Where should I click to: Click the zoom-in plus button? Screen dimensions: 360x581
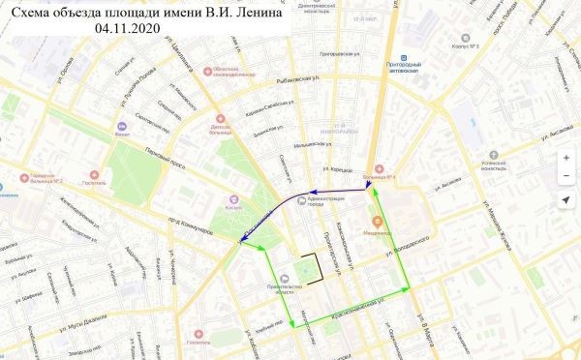[566, 158]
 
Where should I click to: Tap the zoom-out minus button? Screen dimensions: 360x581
[566, 174]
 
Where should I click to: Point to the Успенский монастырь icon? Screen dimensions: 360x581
[492, 154]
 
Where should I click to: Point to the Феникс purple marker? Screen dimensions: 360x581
[120, 126]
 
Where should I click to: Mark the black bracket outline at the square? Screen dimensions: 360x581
[311, 264]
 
